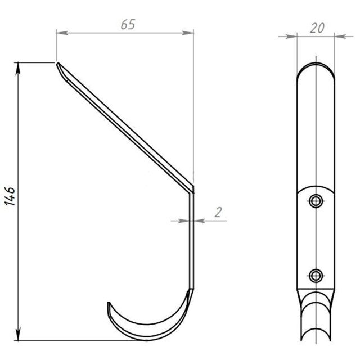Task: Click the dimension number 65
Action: [x=128, y=25]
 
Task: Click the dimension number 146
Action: [x=10, y=196]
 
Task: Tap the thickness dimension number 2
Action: [x=218, y=213]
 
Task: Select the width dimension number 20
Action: [x=317, y=28]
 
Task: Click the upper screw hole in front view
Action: [x=316, y=201]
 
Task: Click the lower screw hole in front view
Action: [x=316, y=276]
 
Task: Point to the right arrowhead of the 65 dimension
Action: [x=188, y=33]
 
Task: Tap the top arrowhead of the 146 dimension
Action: [x=18, y=69]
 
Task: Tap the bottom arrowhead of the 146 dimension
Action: [x=18, y=335]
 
